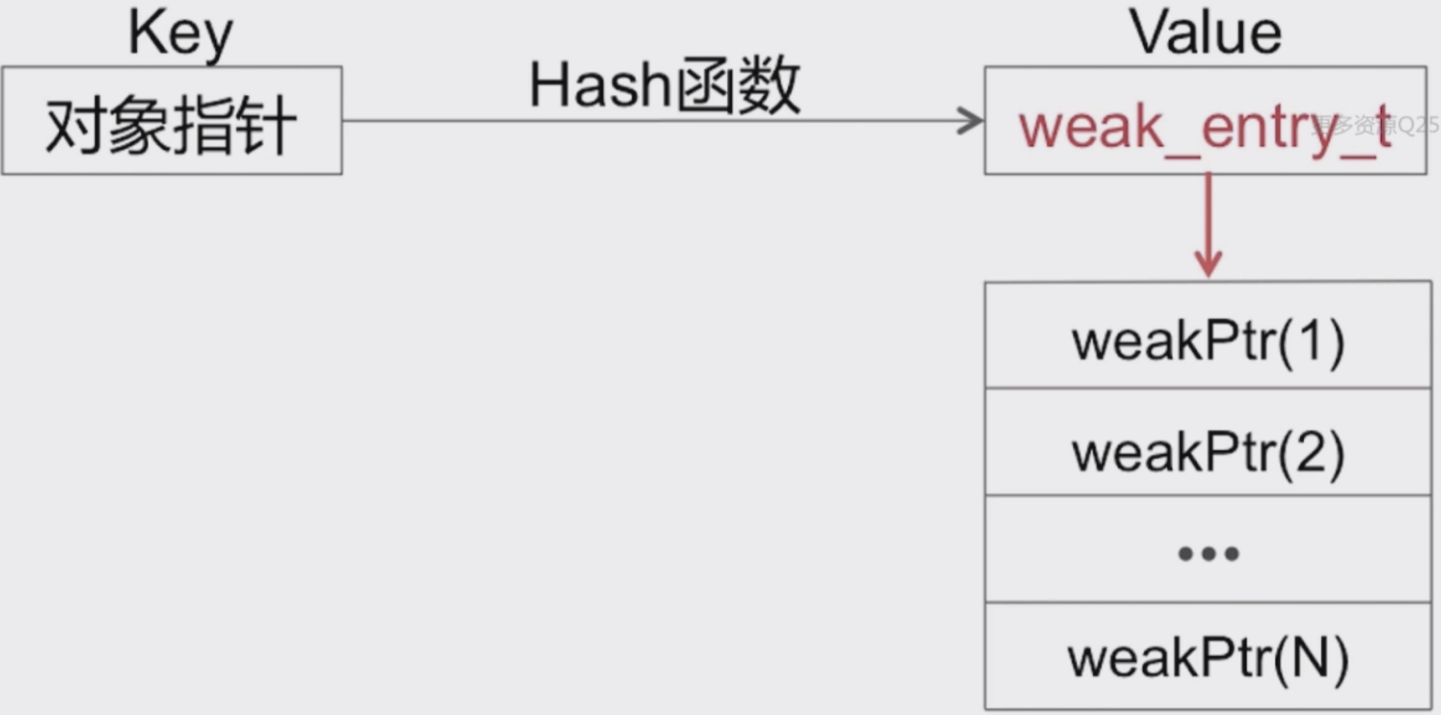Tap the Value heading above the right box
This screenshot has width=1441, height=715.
[x=1206, y=33]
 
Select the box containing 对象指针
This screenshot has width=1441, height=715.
[x=171, y=121]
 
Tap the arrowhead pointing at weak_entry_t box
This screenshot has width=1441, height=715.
[x=971, y=121]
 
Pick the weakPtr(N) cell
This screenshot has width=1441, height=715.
[x=1208, y=656]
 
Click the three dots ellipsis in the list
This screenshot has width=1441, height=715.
[x=1208, y=554]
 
